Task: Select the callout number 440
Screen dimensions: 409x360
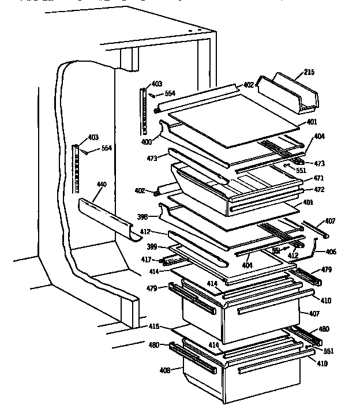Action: pos(102,185)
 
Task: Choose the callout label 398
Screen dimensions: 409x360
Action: pos(142,217)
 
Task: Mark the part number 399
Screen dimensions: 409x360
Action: pos(152,247)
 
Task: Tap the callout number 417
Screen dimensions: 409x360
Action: pos(147,260)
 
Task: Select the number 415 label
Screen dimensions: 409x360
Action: pos(153,327)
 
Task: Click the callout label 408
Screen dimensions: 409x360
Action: pos(164,370)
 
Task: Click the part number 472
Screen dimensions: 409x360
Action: pos(318,189)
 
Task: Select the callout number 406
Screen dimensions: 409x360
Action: pos(331,252)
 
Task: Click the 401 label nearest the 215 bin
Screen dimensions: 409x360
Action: pos(312,122)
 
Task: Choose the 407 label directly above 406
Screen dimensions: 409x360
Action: pos(329,221)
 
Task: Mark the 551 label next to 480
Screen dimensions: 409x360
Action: pos(328,351)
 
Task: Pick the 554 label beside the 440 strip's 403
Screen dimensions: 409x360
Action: pos(106,148)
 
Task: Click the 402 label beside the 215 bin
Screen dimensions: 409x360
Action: pos(248,85)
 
